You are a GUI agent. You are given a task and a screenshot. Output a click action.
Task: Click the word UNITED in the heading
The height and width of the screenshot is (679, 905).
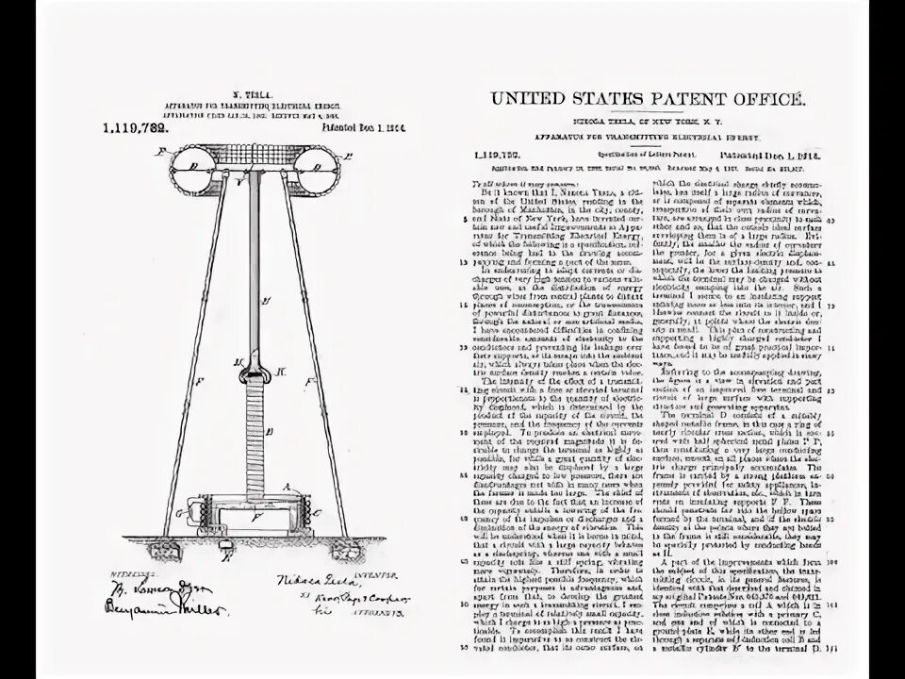tap(524, 99)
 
